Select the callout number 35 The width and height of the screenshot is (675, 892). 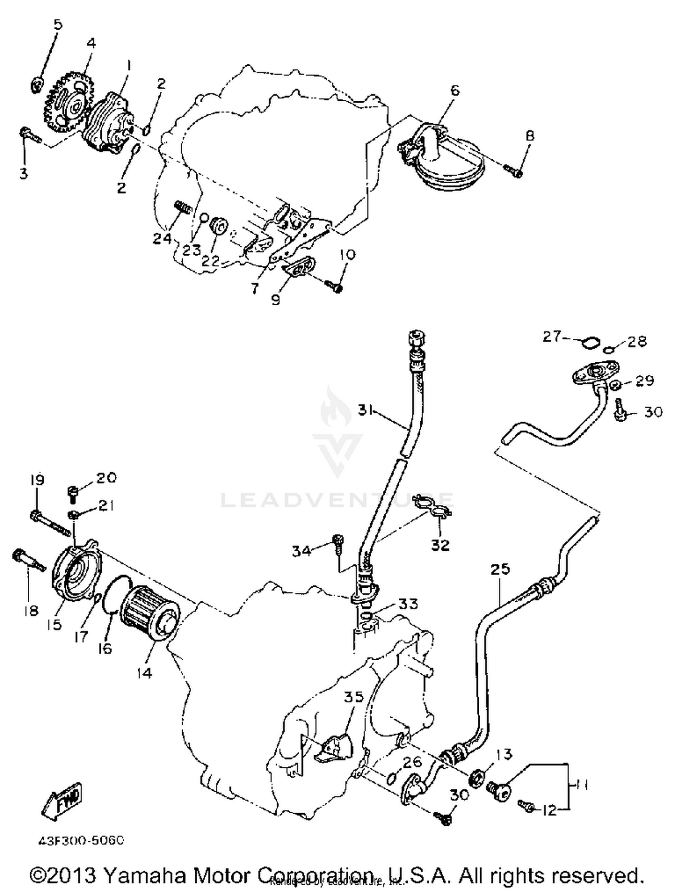point(353,697)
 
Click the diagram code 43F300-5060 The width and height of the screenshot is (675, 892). point(81,840)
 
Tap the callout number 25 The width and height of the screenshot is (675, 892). point(500,569)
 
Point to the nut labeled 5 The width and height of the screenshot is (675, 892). point(38,84)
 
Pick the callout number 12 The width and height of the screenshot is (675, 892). point(549,810)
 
